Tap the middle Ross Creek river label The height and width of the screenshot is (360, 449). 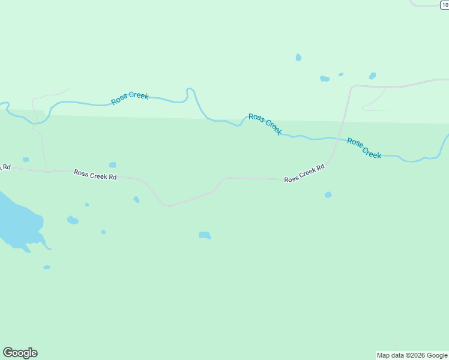coord(265,124)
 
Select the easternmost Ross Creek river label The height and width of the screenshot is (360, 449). coord(364,148)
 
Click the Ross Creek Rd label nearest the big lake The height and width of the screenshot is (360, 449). coord(95,174)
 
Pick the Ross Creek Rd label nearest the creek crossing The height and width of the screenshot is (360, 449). coord(304,173)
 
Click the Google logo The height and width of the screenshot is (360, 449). coord(20,353)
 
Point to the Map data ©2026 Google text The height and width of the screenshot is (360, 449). coord(412,355)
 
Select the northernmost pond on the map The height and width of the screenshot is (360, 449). coord(298,58)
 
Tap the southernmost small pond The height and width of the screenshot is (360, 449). coord(47,267)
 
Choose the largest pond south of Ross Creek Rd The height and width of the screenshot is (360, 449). coord(205,235)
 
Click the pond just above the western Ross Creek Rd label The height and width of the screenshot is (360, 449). coord(112,165)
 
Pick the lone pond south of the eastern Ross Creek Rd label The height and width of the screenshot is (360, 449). coord(328,194)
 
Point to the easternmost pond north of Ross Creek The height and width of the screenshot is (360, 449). coord(372,76)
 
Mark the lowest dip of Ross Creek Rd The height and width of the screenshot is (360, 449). coord(167,206)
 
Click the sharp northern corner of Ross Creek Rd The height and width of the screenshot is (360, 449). coord(353,86)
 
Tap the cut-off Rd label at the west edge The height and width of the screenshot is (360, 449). coord(5,167)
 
